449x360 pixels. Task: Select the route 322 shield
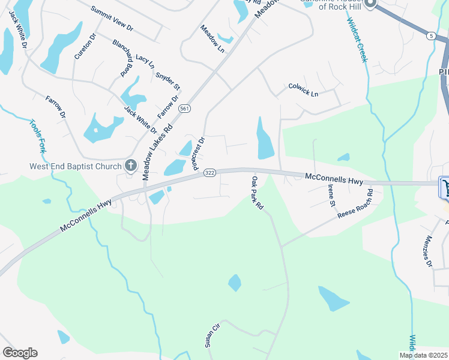[x=209, y=173]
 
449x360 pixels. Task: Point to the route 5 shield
[x=431, y=36]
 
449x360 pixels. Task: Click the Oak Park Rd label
[x=258, y=193]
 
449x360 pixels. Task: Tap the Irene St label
[x=331, y=196]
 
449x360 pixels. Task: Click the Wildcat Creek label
[x=356, y=40]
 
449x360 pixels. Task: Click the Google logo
[x=20, y=353]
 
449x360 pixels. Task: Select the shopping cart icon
[x=445, y=188]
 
